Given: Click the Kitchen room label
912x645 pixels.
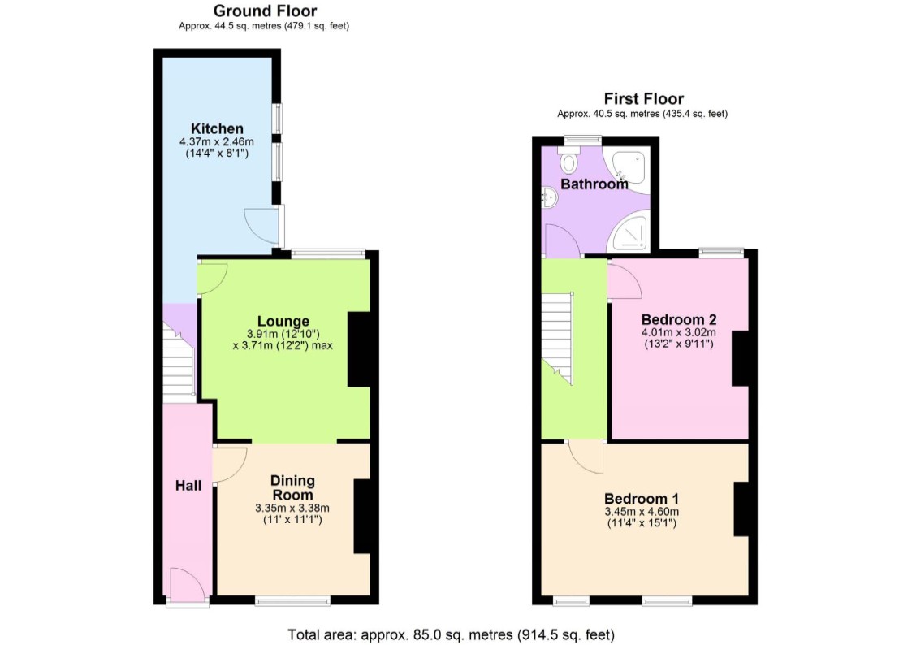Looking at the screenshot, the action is [217, 128].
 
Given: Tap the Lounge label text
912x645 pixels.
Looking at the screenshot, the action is [283, 321].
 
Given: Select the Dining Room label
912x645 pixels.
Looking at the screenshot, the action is [292, 488].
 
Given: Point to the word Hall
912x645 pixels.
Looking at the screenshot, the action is [188, 486].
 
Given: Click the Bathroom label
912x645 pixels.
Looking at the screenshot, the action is [594, 184].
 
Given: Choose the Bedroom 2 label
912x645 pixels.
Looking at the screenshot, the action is [679, 319].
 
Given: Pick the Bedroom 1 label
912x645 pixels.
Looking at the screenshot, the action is [642, 499].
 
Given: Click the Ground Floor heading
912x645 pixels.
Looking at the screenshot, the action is [265, 11].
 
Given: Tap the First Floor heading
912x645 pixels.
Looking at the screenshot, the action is [643, 99].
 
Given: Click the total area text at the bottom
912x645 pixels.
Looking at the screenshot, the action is [451, 634].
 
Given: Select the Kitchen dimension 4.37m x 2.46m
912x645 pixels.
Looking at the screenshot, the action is [217, 142].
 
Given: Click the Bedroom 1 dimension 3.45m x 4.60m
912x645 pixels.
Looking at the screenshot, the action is [642, 512].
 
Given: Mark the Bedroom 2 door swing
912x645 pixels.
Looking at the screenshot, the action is [624, 280].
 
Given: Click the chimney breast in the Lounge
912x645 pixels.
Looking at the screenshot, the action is [359, 349].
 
